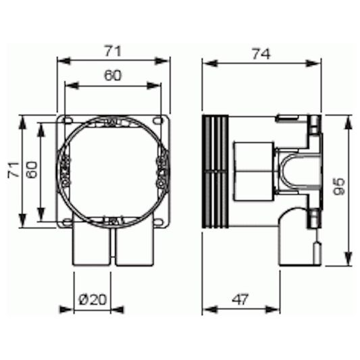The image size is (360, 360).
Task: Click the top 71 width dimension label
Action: pyautogui.click(x=113, y=50)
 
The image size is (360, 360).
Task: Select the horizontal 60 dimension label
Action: pyautogui.click(x=113, y=76)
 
